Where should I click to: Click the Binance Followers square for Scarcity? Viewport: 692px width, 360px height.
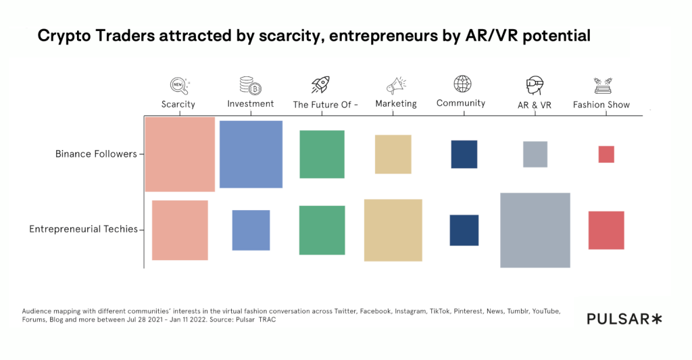180,154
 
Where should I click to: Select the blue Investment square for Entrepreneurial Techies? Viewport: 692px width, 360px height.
251,230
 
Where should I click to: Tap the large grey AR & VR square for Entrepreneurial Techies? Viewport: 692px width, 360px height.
535,230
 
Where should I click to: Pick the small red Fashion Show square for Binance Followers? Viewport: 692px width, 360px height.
606,154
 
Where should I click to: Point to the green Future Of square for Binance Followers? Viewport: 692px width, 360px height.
322,154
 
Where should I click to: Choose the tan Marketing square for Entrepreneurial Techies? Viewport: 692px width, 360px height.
393,230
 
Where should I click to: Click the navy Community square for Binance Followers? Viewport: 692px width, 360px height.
464,154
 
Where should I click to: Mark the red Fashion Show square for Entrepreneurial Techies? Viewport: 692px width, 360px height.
606,230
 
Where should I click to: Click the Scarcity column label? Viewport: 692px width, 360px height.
178,105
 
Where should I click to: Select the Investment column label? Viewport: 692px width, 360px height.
251,104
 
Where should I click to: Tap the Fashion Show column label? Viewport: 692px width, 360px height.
601,105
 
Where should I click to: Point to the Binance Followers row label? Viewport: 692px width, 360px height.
96,154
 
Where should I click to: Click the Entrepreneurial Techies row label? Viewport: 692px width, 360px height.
83,229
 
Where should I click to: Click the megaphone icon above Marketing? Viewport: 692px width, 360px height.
395,85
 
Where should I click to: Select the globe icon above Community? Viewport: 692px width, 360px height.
462,84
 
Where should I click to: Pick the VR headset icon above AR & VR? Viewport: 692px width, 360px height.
535,86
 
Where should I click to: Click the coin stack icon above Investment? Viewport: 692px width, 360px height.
250,85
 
